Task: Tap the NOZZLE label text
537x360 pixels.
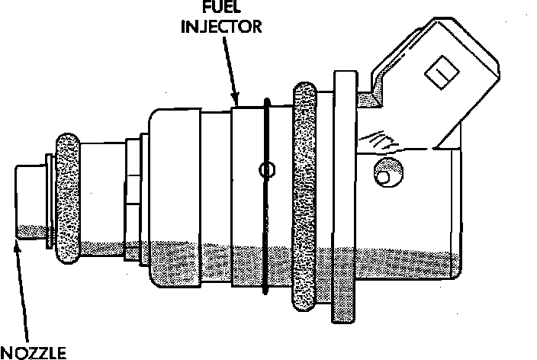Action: (34, 352)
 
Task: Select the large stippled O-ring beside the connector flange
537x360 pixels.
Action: (304, 198)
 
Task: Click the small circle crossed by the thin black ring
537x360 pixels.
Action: (266, 170)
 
